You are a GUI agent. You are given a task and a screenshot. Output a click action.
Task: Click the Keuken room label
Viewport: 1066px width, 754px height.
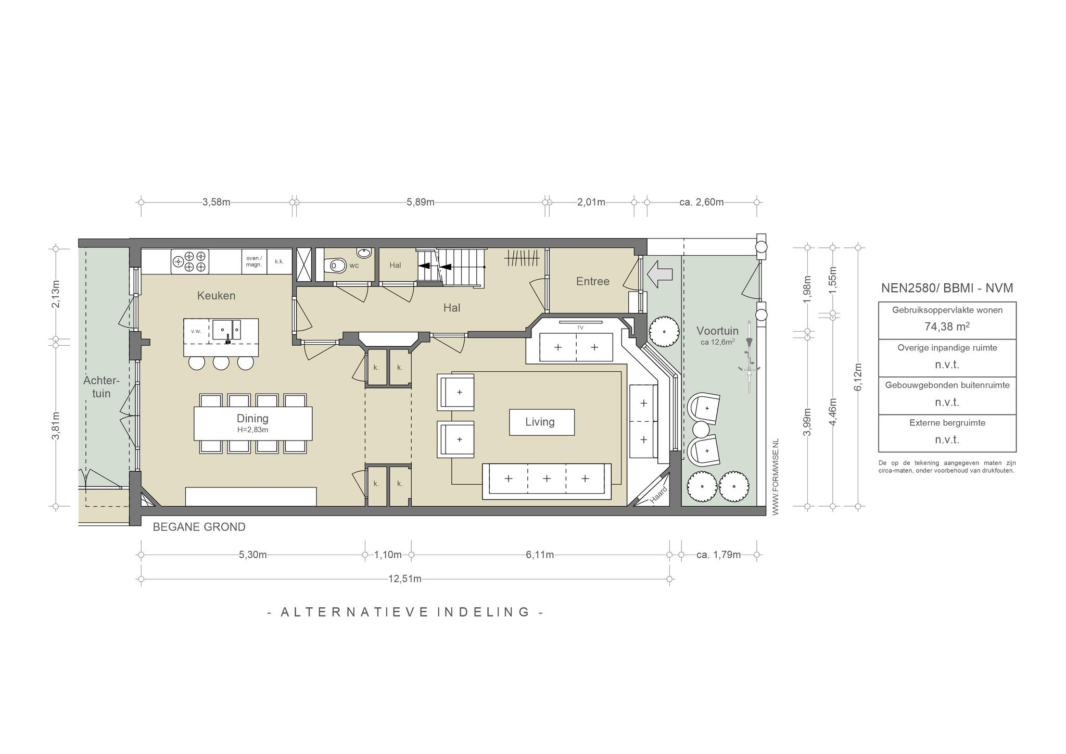[216, 296]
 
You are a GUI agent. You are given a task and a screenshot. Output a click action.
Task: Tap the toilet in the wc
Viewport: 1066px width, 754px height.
[335, 266]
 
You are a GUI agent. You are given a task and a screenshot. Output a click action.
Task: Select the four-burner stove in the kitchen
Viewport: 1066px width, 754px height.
[190, 261]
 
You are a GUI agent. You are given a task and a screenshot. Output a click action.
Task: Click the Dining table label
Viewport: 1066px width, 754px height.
[252, 418]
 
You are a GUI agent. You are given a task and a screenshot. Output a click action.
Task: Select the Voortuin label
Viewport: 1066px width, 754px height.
[717, 331]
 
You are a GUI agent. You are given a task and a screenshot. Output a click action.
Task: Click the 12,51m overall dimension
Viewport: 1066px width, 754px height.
[405, 579]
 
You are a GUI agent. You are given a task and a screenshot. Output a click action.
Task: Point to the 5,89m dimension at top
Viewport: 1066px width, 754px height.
[421, 202]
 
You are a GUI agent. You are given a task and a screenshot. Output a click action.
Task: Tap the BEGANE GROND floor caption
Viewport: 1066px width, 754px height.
[199, 527]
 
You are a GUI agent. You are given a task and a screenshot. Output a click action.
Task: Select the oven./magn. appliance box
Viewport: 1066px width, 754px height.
[254, 261]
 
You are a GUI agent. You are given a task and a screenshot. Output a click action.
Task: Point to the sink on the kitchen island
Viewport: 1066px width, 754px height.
[226, 330]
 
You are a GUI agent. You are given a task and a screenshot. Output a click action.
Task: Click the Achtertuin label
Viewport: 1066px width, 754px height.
[101, 387]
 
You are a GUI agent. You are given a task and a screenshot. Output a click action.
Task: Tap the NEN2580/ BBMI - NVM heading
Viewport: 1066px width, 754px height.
[947, 288]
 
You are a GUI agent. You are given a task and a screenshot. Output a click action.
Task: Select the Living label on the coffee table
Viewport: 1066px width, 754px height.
[540, 422]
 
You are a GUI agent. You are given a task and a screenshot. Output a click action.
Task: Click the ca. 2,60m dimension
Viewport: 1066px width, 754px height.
[702, 202]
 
